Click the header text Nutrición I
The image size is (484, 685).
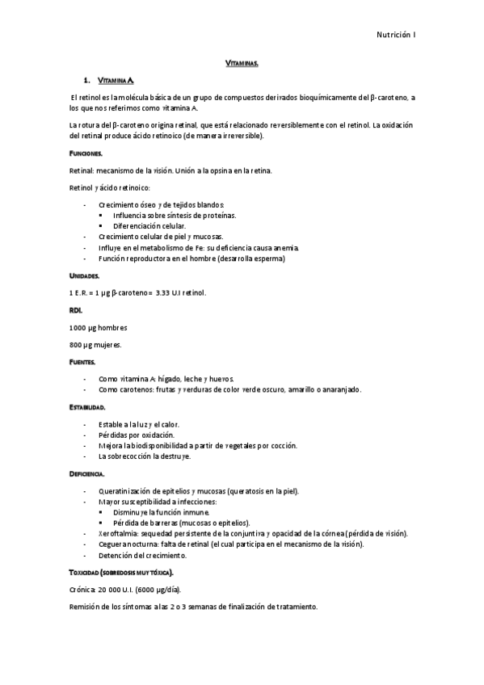tap(395, 35)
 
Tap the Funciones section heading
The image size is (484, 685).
tap(86, 153)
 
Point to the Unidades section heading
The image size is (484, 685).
tap(85, 275)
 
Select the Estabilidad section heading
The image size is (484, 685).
tap(87, 407)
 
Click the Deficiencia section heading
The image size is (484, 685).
tap(87, 473)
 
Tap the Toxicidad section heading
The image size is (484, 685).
tap(127, 573)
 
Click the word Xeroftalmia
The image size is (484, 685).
tap(116, 534)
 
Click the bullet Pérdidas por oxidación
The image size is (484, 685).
tap(137, 435)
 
